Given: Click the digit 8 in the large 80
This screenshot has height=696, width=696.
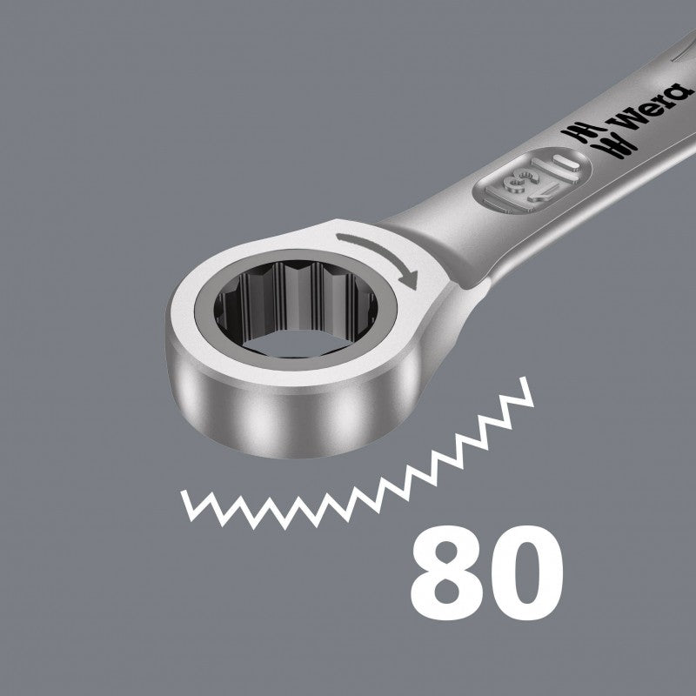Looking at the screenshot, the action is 446,572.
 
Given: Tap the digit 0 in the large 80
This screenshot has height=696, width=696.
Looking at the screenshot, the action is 527,572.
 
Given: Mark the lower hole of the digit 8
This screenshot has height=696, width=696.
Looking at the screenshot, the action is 447,592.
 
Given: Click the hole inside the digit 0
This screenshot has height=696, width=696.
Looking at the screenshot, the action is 527,572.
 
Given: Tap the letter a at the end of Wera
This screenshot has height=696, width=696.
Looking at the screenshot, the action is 681,92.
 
